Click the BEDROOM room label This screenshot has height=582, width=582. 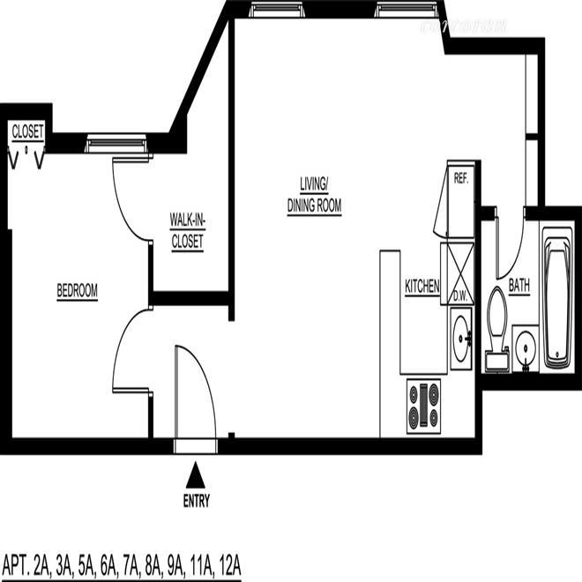point(77,291)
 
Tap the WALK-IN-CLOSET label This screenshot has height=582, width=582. point(186,231)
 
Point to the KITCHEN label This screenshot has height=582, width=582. point(422,287)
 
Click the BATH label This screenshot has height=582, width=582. point(519,287)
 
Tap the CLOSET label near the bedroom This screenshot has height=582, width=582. point(27,131)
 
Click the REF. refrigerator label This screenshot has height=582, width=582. point(459,177)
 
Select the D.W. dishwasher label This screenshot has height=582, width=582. point(459,297)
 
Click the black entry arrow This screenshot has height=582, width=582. point(196,476)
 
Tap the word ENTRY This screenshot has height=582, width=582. point(196,502)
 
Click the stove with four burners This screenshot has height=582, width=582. point(423,406)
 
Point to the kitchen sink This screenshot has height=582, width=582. point(460,336)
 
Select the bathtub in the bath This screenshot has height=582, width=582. point(557,298)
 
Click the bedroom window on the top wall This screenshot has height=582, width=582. point(115,141)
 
